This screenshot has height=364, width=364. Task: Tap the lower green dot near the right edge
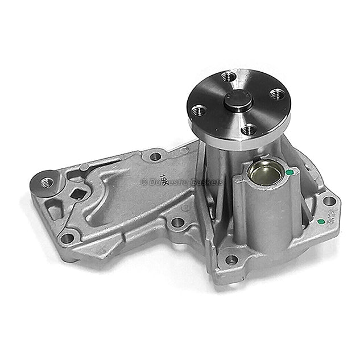click(x=320, y=221)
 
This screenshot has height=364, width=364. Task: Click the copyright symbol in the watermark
click(x=143, y=182)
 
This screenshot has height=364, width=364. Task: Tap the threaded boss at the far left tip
click(x=45, y=183)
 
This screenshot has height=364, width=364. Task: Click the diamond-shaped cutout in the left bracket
click(x=80, y=194)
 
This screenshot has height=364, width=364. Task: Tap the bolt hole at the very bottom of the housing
click(x=231, y=259)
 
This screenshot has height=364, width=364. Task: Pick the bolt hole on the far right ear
click(x=328, y=200)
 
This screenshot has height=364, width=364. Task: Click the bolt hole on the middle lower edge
click(x=177, y=222)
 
